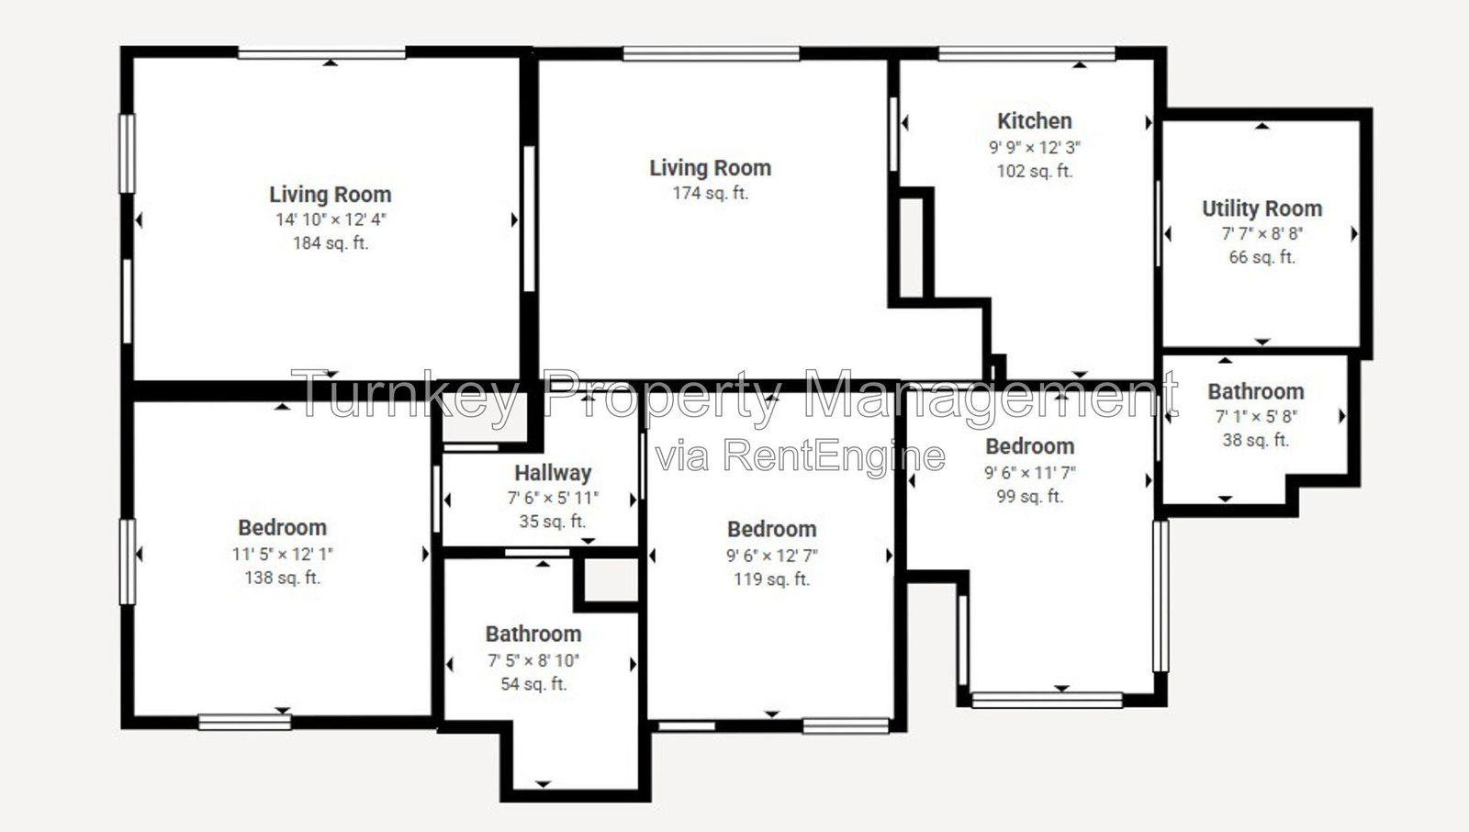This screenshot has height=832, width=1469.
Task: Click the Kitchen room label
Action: point(1034,121)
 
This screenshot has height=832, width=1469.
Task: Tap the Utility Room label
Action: point(1262,209)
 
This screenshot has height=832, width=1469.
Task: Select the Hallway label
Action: point(553,473)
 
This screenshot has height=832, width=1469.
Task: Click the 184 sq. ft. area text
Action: point(331,243)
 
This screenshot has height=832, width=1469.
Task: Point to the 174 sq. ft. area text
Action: point(711,194)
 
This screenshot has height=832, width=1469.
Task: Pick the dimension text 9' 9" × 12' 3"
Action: point(1034,148)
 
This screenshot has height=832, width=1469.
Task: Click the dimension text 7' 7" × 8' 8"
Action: point(1262,234)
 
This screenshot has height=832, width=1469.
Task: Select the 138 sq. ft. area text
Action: point(283,578)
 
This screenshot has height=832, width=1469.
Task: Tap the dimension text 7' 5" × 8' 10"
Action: point(533,661)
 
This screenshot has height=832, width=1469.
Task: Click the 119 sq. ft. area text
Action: point(772,579)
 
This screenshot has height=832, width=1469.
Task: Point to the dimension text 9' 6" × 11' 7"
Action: point(1029,473)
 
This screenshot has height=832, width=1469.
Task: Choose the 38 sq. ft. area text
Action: point(1255,440)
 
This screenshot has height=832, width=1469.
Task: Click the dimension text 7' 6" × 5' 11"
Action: point(553,499)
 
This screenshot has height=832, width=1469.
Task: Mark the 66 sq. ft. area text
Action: point(1262,258)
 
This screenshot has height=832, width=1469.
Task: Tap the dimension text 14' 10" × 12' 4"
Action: point(331,219)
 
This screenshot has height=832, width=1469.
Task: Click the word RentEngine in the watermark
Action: point(835,456)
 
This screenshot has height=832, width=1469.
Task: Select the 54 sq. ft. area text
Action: point(533,684)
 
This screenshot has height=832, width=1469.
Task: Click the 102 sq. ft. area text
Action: point(1034,171)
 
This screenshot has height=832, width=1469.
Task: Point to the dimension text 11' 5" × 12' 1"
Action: point(283,555)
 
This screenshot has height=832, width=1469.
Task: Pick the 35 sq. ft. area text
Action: point(553,523)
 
